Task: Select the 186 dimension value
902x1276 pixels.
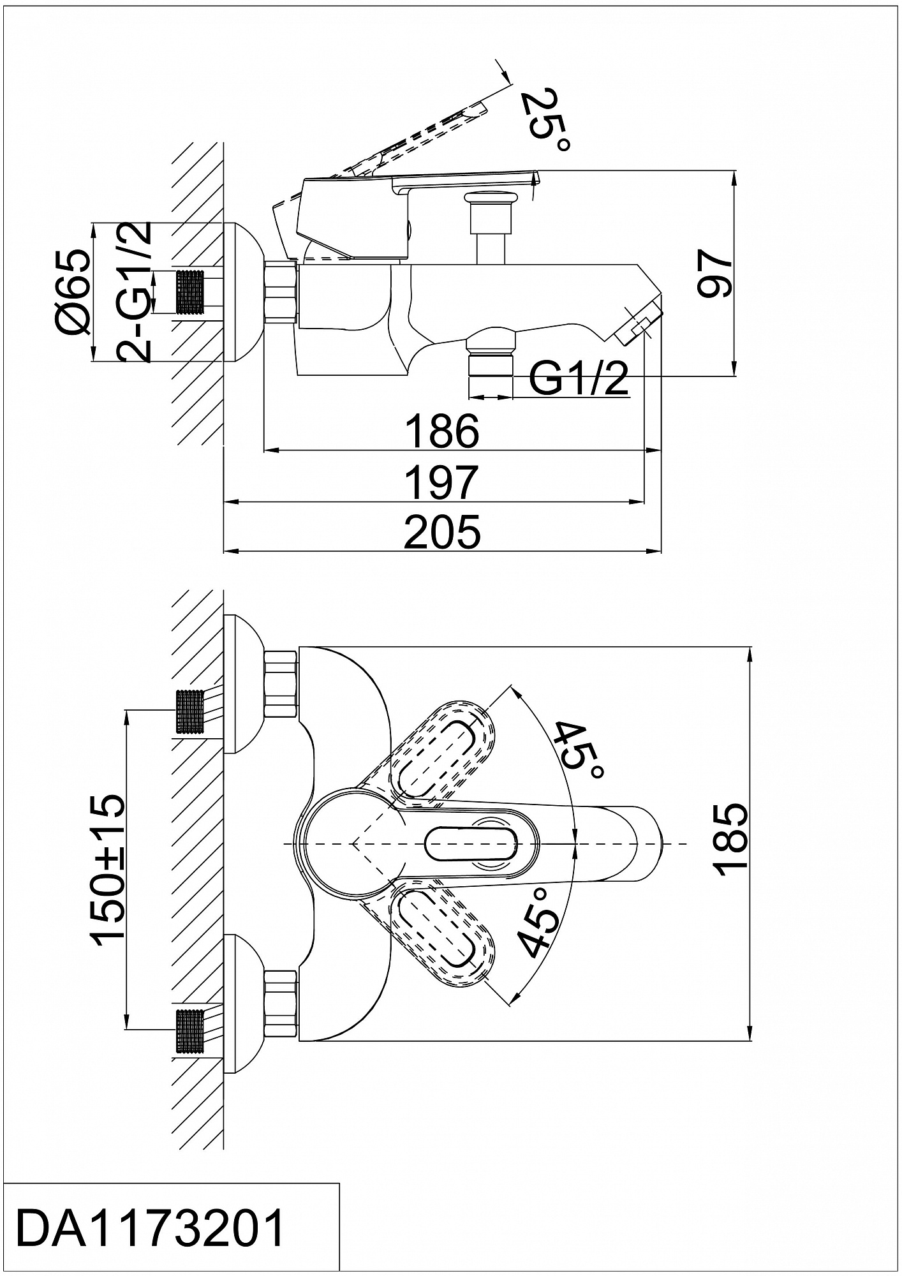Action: pos(442,431)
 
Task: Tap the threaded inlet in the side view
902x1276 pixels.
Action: pos(191,292)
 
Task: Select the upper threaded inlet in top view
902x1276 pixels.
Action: pos(191,713)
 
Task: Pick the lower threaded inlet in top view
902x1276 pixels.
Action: pos(191,1032)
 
